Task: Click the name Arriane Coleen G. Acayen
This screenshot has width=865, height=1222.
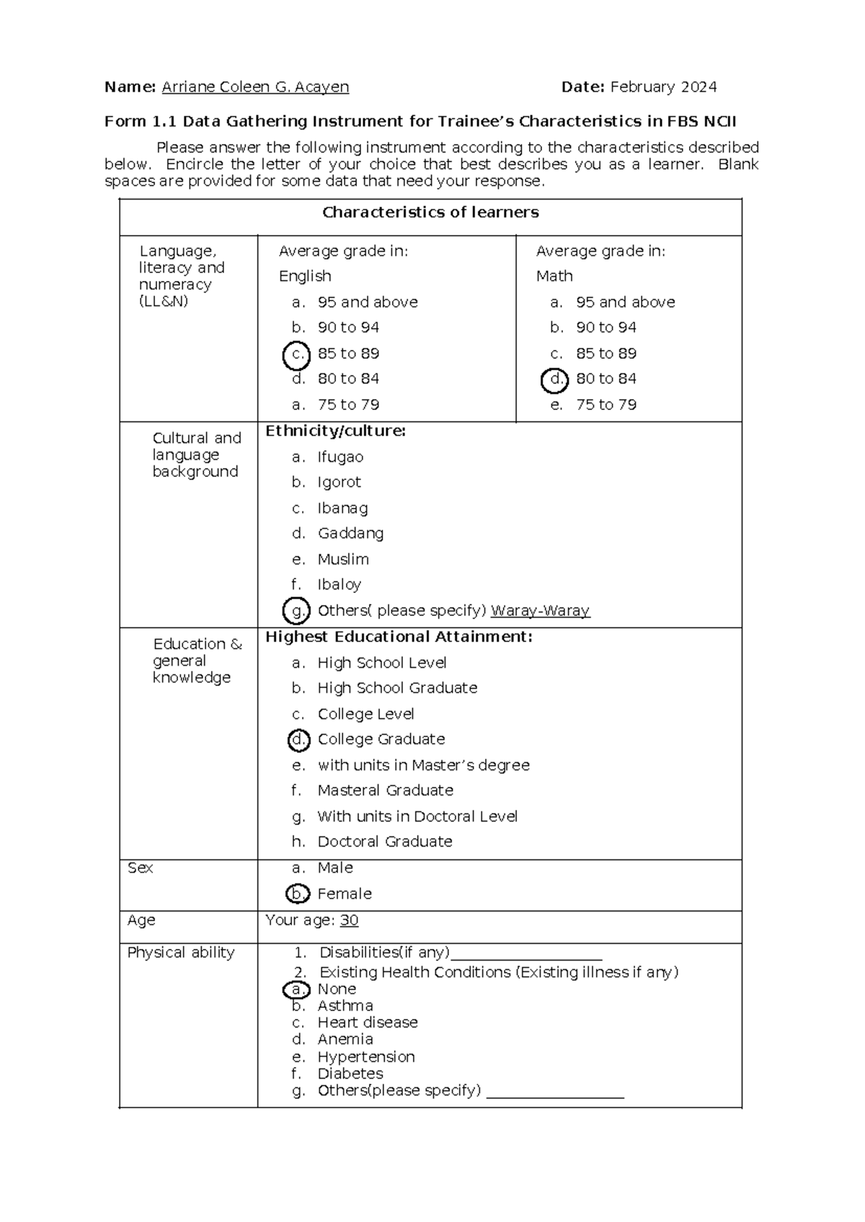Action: (x=255, y=87)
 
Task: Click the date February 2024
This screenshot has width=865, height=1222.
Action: (x=663, y=87)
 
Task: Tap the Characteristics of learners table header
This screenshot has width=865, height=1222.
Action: (x=430, y=213)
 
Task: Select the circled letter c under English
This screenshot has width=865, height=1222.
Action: (x=296, y=354)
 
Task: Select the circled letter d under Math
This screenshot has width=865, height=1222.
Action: (x=554, y=379)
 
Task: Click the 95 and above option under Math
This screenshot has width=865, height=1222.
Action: (x=625, y=303)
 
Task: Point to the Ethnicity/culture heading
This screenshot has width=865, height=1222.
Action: (x=335, y=432)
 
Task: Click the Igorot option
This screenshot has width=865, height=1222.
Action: (x=339, y=483)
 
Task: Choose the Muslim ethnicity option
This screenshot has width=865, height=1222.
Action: (x=343, y=560)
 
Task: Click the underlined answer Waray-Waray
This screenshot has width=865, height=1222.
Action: (x=540, y=611)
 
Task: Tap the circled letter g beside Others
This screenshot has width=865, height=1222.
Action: (x=296, y=611)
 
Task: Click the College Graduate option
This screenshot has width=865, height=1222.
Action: (x=381, y=740)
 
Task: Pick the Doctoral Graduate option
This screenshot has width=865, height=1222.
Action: (x=384, y=842)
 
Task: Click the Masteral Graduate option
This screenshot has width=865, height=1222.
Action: (x=385, y=791)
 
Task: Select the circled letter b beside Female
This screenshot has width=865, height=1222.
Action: (x=296, y=894)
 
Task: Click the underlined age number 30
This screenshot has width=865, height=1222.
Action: (x=349, y=921)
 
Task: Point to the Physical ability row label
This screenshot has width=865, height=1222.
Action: (x=181, y=953)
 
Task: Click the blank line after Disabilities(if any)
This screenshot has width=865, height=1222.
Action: (x=525, y=955)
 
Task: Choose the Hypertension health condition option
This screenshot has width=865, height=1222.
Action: (x=365, y=1058)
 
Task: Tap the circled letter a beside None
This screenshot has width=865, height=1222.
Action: (x=296, y=990)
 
